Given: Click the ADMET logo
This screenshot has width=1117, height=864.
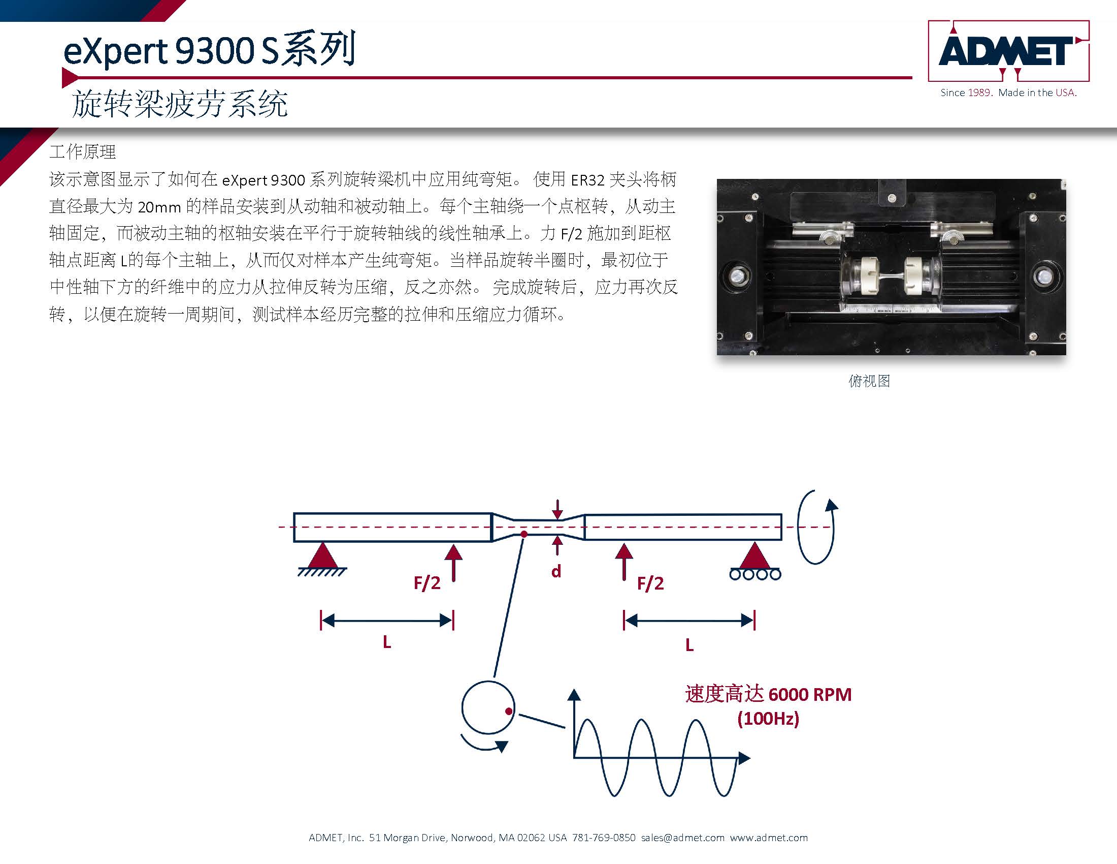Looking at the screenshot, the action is (1008, 51).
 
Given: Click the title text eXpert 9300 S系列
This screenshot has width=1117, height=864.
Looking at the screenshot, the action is (209, 49).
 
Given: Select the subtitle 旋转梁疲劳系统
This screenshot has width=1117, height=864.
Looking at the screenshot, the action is (180, 104).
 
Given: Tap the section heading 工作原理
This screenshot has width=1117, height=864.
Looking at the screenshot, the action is (83, 151).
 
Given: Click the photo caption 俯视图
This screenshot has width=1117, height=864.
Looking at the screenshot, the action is (869, 381).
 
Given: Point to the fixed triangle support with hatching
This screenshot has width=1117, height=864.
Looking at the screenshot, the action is (322, 559).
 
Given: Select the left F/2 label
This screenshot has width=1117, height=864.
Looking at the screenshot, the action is (427, 582).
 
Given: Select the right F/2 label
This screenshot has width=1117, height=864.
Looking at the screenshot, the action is (650, 583).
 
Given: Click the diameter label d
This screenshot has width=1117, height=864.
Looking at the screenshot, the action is (556, 571).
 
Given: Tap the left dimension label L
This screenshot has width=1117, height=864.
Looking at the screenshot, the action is (387, 642).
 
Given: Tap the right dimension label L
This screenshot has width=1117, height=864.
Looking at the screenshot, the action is (689, 645).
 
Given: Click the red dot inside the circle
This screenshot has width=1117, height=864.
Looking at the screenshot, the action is (509, 711).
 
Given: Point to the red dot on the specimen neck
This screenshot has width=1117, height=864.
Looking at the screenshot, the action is (524, 534).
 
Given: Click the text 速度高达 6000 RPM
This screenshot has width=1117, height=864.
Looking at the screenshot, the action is (768, 694).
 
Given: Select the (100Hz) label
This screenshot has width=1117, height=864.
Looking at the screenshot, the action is (768, 718).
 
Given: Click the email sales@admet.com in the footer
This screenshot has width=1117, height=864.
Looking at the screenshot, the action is (683, 838).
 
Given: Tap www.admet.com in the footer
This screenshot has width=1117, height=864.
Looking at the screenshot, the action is (769, 838).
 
